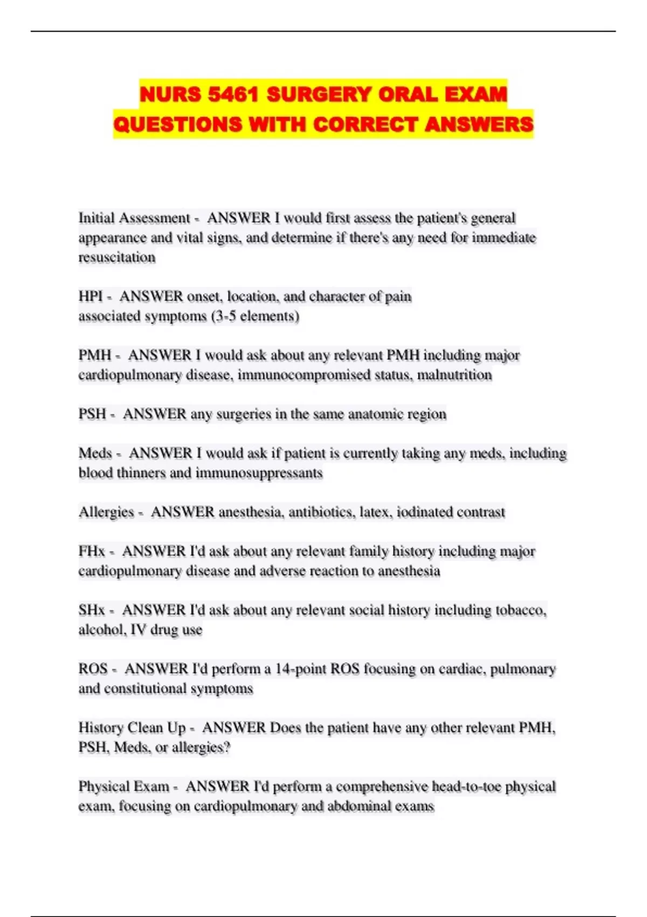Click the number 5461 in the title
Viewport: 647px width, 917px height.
234,94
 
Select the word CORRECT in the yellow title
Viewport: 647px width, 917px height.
366,125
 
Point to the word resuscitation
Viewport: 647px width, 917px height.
117,257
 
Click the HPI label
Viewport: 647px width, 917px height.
90,296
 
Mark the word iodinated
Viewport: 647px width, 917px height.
424,512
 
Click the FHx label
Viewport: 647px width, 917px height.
92,551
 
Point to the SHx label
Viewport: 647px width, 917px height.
92,610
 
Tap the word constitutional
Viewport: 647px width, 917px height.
152,689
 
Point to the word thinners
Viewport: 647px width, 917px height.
141,473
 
